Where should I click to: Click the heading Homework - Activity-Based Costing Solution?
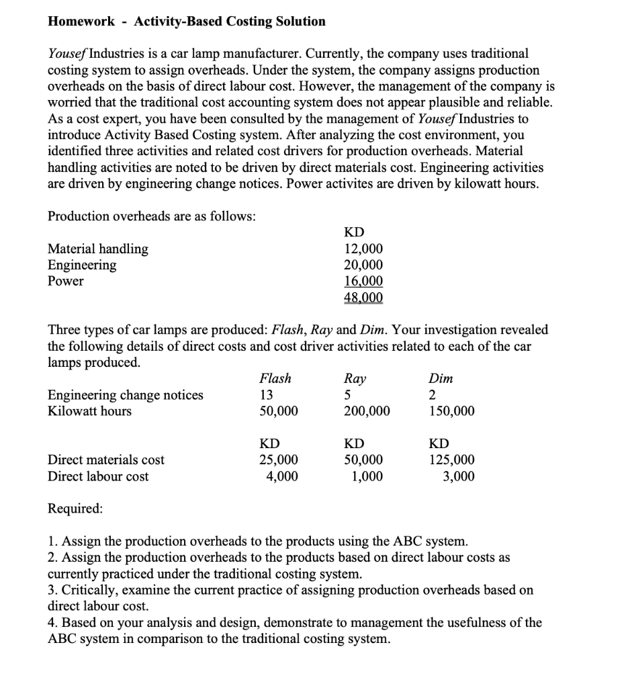(x=187, y=21)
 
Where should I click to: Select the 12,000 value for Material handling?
(x=363, y=249)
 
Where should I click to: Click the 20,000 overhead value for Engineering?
(x=363, y=265)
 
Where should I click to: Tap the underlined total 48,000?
(x=363, y=298)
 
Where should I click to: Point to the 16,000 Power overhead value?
(x=363, y=282)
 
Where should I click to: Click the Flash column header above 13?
(x=275, y=378)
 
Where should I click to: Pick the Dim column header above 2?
(x=441, y=378)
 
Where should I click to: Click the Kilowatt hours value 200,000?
(x=366, y=411)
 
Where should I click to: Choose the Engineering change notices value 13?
(x=267, y=395)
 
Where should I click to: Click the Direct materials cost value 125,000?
(x=451, y=460)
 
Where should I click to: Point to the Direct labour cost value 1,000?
(x=368, y=476)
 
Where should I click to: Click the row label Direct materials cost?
(x=106, y=460)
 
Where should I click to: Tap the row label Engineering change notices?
(x=126, y=395)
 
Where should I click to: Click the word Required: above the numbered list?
(x=75, y=509)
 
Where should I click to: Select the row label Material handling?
(x=98, y=249)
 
